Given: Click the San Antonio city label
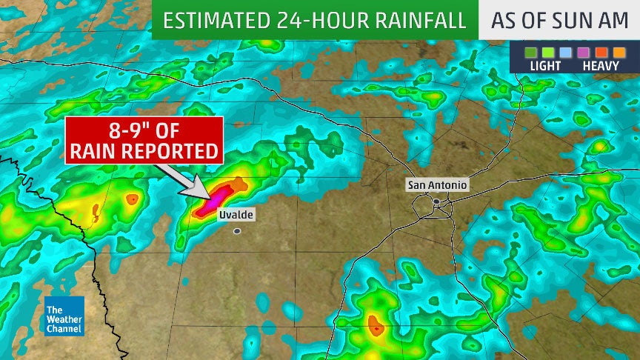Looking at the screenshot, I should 437,185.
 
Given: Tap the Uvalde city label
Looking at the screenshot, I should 236,215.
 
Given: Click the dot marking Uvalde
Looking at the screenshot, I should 237,231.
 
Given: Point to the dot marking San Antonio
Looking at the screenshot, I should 437,201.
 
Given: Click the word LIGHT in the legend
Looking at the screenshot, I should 545,66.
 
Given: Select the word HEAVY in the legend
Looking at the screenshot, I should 601,66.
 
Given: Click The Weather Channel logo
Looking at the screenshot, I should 64,316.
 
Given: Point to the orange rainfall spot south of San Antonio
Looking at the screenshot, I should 375,324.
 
